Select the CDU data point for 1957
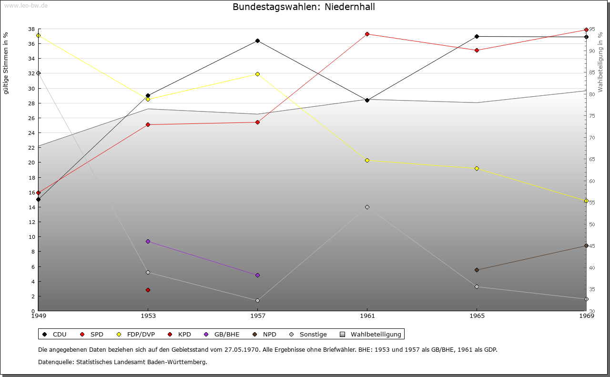(x=257, y=41)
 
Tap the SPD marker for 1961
(x=367, y=34)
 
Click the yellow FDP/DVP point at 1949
(x=38, y=35)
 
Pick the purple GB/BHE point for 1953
(x=148, y=241)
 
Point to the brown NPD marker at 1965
(x=477, y=270)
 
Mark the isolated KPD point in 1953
(x=148, y=290)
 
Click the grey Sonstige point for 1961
(x=367, y=207)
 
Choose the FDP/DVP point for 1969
(x=586, y=201)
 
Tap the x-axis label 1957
(x=257, y=316)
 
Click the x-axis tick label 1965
(x=477, y=316)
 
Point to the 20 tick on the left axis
(x=31, y=163)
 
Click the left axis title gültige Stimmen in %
(x=6, y=63)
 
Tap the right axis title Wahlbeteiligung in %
(x=600, y=62)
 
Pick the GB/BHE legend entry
(x=226, y=334)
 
